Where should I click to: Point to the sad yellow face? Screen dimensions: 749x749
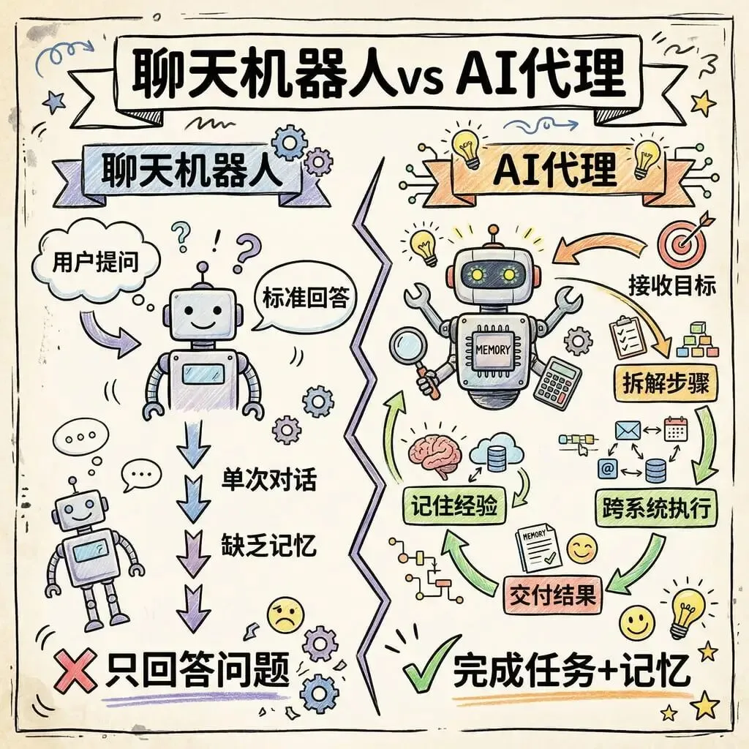pos(285,615)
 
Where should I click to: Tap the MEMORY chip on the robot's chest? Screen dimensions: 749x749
pos(492,350)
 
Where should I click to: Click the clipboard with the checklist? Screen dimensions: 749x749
pos(626,336)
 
